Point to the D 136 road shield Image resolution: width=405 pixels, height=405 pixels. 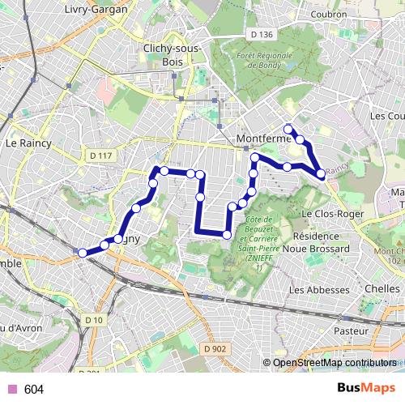click(x=262, y=34)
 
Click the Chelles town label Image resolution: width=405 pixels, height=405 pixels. click(x=382, y=288)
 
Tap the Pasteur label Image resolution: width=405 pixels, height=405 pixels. click(x=352, y=331)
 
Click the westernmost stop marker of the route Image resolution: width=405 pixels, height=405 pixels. click(x=82, y=253)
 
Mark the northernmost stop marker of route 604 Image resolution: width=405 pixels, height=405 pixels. click(x=288, y=129)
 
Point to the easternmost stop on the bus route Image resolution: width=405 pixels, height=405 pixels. click(x=321, y=173)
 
